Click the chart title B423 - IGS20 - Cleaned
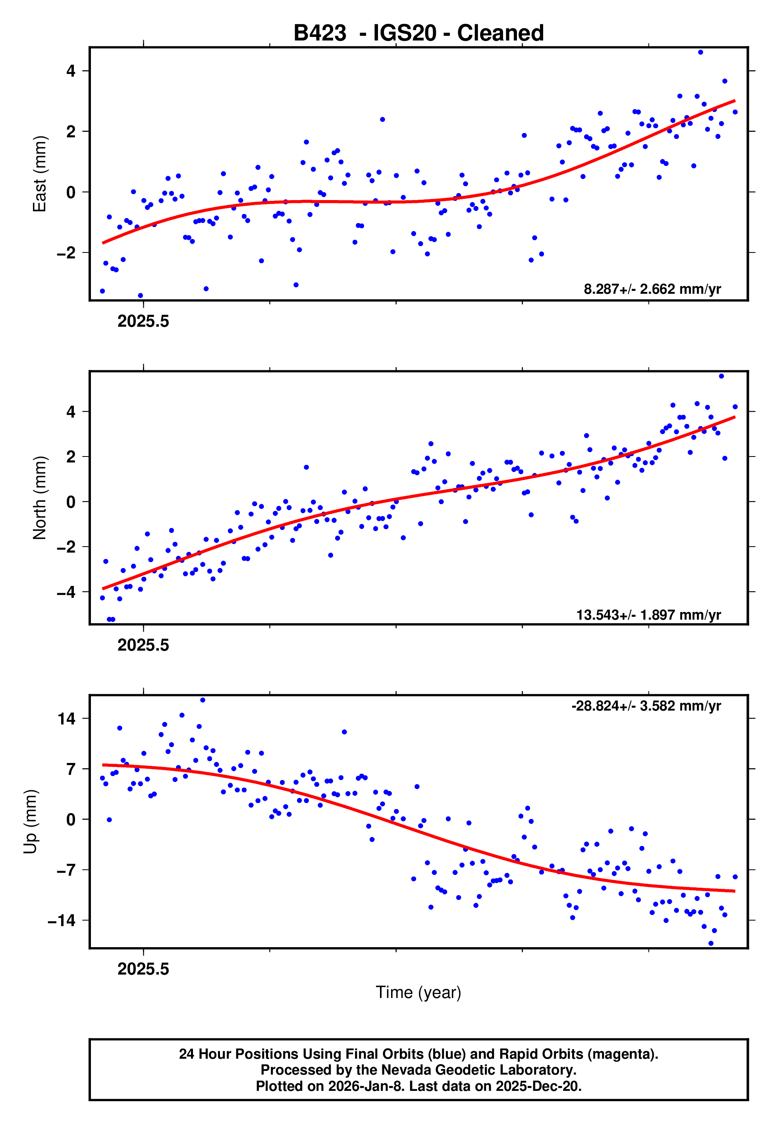418,33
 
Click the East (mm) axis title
39,174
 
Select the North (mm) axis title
39,498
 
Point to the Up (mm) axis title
30,821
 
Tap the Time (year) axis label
418,992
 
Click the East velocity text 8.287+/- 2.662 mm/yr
652,289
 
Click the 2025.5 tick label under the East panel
143,321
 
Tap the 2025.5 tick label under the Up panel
143,969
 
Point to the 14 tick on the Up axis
66,718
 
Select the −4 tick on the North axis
66,592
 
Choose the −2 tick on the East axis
66,253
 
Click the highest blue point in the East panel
700,52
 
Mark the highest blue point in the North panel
721,376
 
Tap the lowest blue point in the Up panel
711,943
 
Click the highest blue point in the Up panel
202,700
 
